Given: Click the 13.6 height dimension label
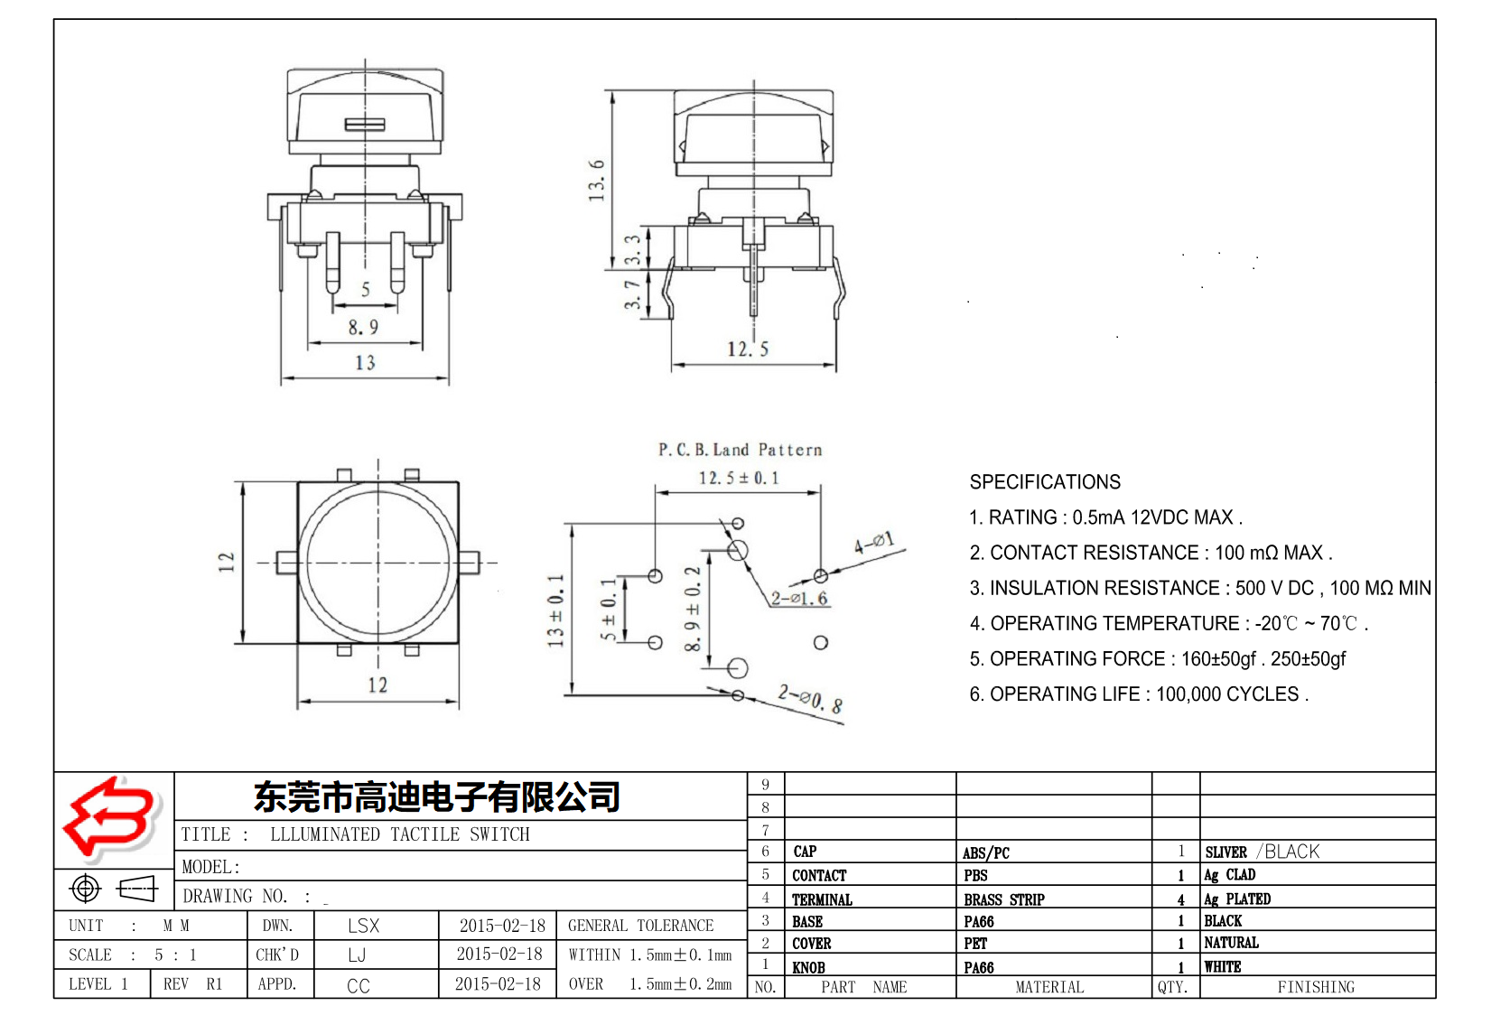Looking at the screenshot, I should (x=597, y=180).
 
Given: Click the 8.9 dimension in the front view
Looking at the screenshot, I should (x=363, y=327).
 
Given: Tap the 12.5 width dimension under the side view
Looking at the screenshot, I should (x=748, y=349).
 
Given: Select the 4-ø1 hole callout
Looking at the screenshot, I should (x=873, y=544).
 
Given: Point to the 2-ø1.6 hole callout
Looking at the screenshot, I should (x=799, y=598).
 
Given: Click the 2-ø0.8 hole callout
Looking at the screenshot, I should (x=810, y=699).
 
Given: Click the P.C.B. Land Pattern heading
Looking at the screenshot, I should (x=740, y=450).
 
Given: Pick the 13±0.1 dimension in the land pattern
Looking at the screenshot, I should (x=555, y=610).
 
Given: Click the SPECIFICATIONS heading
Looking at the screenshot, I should (x=1045, y=482).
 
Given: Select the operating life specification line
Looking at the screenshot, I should (x=1138, y=694).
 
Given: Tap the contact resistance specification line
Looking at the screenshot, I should (x=1151, y=553).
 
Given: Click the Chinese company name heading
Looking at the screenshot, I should (x=437, y=796).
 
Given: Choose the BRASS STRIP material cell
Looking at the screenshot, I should (x=1003, y=899).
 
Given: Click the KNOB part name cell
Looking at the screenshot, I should (x=808, y=967).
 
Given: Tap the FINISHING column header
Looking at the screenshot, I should (x=1315, y=987).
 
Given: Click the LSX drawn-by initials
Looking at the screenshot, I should (x=363, y=926).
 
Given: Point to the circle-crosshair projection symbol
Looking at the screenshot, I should (x=86, y=889).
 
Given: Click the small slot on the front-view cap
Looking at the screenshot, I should (x=365, y=125).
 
